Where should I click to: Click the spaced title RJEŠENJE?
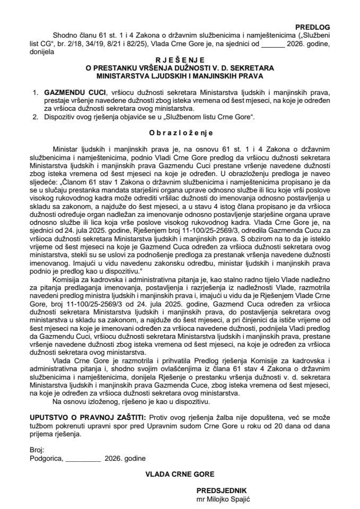coord(180,60)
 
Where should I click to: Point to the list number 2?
coord(34,117)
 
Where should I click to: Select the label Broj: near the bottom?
coord(38,449)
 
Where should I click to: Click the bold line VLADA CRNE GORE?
coord(180,474)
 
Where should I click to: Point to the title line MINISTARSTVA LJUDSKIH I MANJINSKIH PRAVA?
coord(180,75)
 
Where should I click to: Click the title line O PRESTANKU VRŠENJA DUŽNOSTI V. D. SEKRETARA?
coord(180,68)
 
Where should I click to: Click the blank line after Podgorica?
coord(83,458)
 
